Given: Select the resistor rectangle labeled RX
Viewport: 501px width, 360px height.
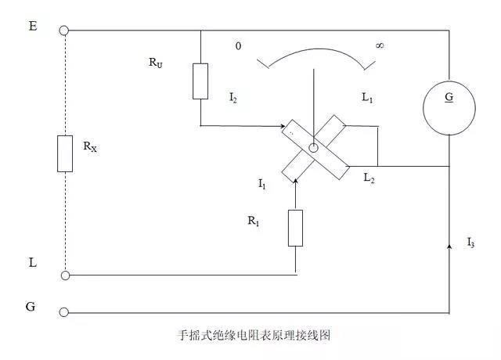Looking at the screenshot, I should [65, 153].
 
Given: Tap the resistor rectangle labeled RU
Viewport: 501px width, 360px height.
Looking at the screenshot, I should [200, 81].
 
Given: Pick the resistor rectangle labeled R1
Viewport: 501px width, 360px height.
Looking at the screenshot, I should [295, 228].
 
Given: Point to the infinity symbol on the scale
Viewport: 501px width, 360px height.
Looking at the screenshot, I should [380, 45].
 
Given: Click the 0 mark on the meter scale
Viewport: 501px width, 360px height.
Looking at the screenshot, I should [238, 46].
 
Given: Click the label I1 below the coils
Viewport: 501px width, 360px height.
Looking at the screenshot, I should [262, 185].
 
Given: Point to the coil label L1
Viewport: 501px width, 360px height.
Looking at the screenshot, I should [367, 99].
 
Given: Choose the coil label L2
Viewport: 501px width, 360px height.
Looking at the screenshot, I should [369, 178].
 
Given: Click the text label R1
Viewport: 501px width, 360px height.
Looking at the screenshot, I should [253, 221].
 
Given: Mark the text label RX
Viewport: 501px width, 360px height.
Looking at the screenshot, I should [91, 146].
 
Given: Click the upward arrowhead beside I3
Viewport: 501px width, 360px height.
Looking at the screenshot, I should [449, 247].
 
